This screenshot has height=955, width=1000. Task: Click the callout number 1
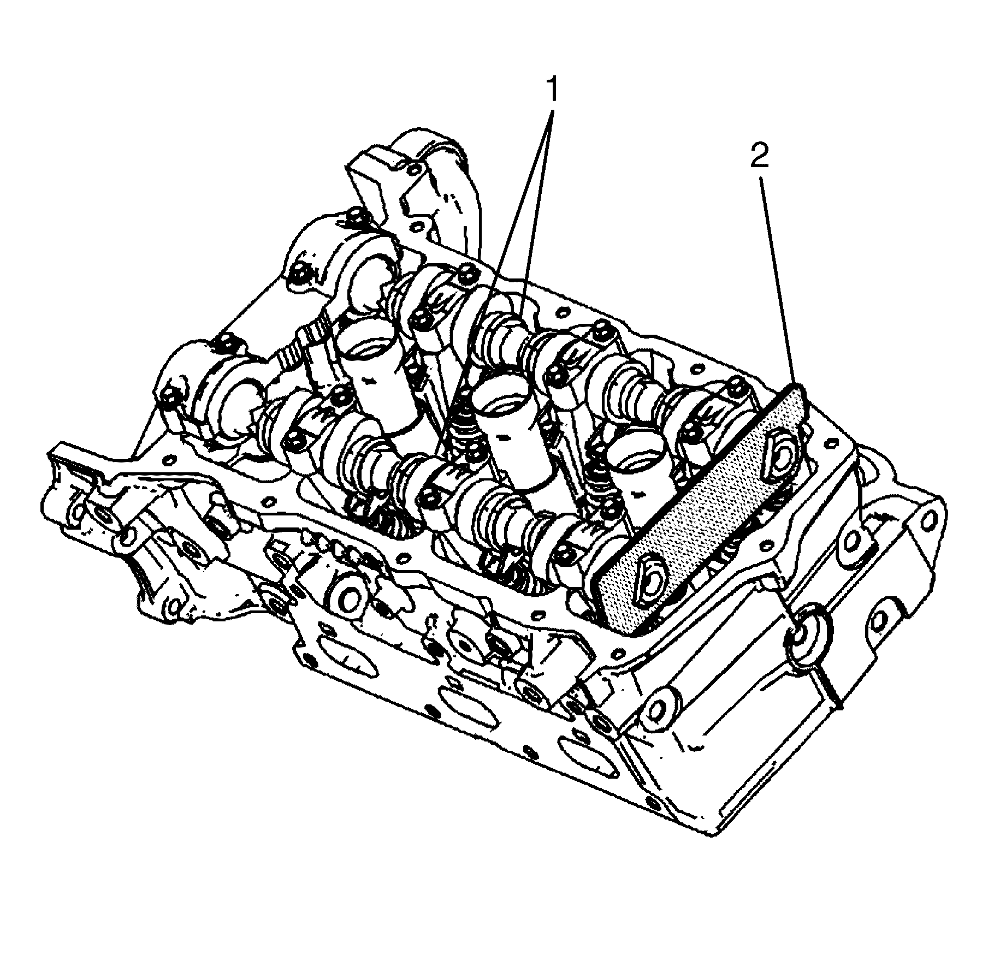tap(552, 90)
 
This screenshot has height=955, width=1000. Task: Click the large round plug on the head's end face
tap(807, 637)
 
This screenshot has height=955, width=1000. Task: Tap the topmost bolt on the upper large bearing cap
tap(354, 215)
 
